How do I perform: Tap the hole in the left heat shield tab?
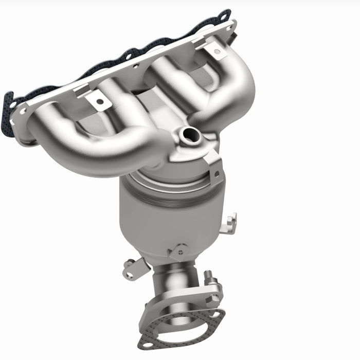[x=99, y=101]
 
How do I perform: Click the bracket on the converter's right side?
[x=230, y=223]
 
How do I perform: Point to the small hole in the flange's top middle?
[x=136, y=66]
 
